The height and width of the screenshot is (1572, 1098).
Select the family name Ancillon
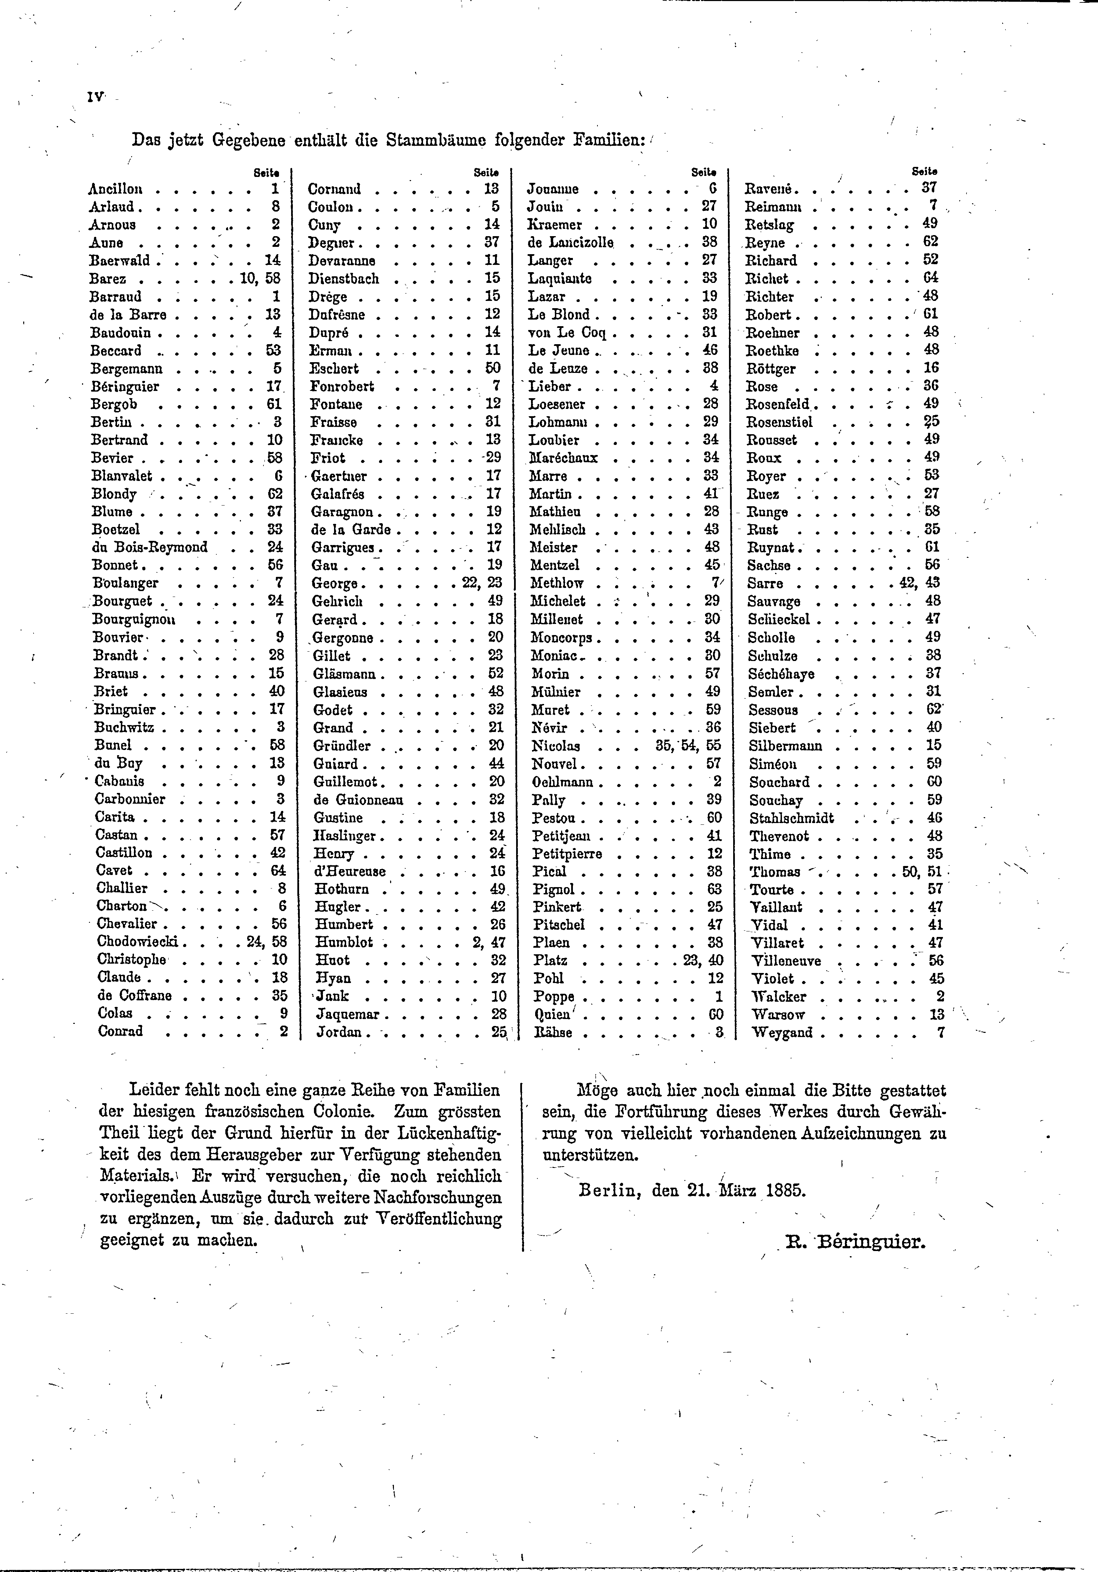[115, 189]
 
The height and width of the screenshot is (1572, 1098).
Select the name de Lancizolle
[571, 242]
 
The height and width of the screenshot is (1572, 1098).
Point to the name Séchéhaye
[781, 674]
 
